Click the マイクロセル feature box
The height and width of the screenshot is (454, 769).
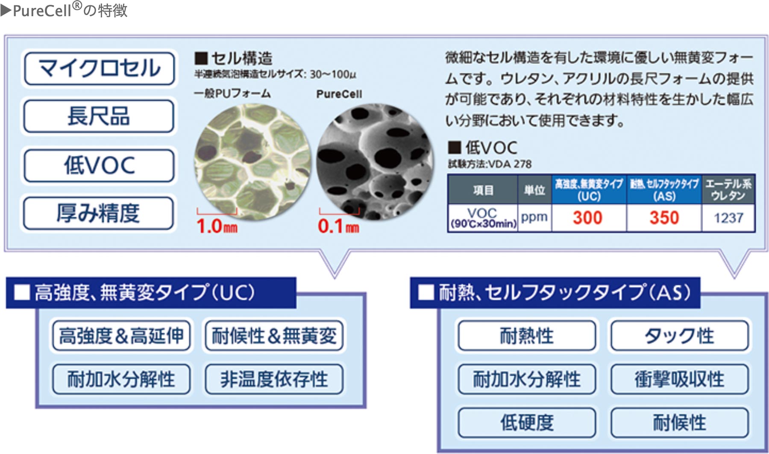99,68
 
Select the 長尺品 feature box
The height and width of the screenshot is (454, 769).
99,116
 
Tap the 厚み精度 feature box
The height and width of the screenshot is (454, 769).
99,213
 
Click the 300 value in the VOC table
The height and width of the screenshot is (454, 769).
588,218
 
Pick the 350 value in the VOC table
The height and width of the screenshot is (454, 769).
664,218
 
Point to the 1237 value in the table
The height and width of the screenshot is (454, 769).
728,218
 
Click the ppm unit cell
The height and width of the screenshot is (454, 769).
534,217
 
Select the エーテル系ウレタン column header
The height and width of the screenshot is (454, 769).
728,189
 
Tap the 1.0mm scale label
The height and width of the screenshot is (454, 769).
217,226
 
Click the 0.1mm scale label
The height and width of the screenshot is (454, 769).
338,226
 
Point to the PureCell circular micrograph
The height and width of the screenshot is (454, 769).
375,162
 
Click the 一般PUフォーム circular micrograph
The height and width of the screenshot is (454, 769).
252,162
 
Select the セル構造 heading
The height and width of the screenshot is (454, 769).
234,58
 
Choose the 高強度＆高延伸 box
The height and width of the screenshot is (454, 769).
121,336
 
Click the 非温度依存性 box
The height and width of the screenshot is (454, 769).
274,379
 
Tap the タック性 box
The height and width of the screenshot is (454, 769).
679,336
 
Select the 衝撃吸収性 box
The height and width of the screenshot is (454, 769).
679,379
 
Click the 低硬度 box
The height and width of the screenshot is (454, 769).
527,423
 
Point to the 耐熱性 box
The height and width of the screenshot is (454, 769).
527,336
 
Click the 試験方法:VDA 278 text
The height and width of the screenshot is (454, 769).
490,164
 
